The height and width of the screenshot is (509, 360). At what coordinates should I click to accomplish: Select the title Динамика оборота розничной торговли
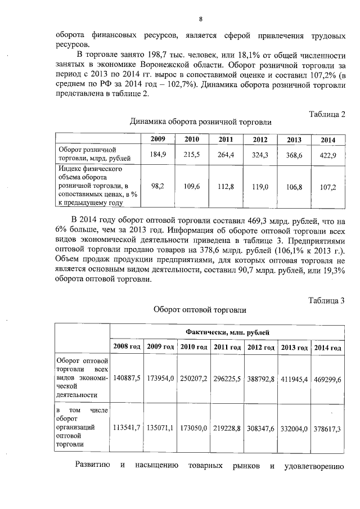[x=200, y=121]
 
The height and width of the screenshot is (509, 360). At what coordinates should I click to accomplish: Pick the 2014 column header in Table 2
[x=327, y=140]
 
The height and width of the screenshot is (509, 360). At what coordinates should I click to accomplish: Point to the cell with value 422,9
[x=327, y=155]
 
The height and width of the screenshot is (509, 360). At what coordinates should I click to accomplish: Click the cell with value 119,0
[x=260, y=186]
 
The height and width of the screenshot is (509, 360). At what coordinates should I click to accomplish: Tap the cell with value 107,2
[x=327, y=187]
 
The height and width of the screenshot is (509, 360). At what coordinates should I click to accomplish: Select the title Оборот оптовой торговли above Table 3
[x=200, y=309]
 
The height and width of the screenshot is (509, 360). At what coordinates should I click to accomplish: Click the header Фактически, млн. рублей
[x=227, y=332]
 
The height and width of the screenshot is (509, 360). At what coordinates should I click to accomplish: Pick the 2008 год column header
[x=127, y=348]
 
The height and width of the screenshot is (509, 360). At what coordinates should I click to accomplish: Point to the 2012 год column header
[x=261, y=348]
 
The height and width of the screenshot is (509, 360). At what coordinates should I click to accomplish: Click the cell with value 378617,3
[x=328, y=429]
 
